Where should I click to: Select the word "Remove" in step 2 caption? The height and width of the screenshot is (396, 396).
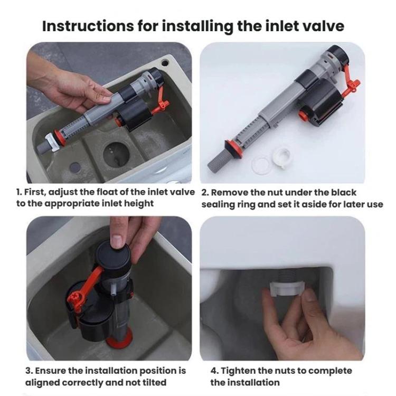[232, 192]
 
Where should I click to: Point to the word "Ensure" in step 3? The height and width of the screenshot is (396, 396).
[60, 371]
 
